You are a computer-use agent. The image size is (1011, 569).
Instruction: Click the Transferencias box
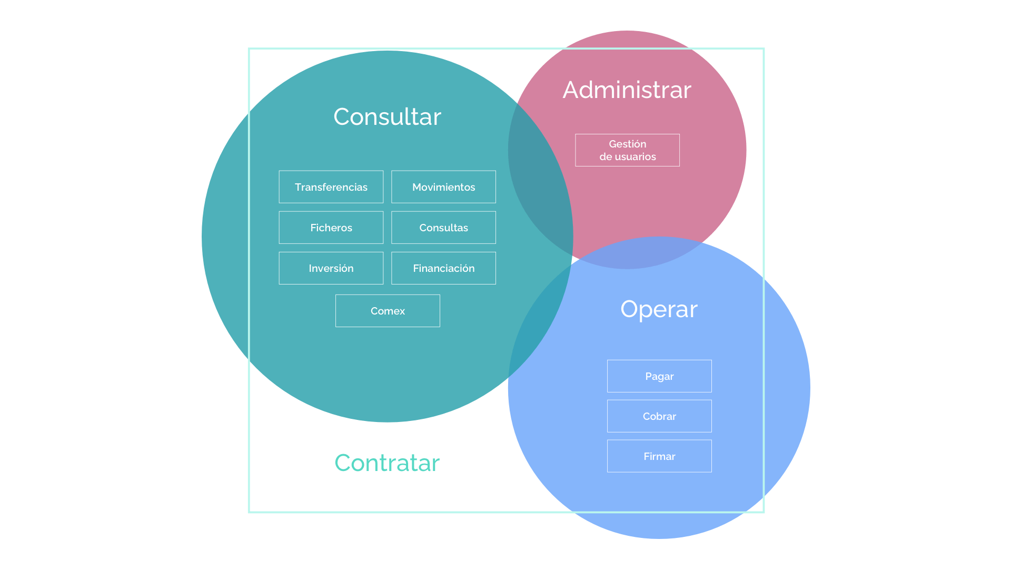click(331, 187)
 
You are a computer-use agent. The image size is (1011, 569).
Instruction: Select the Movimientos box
click(443, 187)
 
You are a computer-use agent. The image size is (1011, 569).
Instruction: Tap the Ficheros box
click(331, 228)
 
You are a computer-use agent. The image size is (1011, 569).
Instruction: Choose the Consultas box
click(443, 228)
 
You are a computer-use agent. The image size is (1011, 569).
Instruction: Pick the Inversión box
click(331, 268)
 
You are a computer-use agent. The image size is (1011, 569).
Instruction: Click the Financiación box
click(443, 268)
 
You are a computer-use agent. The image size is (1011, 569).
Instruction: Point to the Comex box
click(388, 311)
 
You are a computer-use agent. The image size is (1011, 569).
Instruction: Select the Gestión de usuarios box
click(627, 150)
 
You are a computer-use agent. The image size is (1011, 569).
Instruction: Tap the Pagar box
click(659, 376)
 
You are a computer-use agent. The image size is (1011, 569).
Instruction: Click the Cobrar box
click(659, 416)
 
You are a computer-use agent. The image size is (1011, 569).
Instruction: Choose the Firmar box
click(659, 456)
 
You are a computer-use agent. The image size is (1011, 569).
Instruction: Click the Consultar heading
click(388, 117)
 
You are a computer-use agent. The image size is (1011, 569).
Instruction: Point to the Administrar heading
click(627, 90)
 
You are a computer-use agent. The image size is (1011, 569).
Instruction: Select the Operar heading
click(659, 309)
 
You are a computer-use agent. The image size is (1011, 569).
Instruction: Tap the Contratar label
click(387, 463)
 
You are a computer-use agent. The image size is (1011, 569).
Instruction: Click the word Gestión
click(627, 144)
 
